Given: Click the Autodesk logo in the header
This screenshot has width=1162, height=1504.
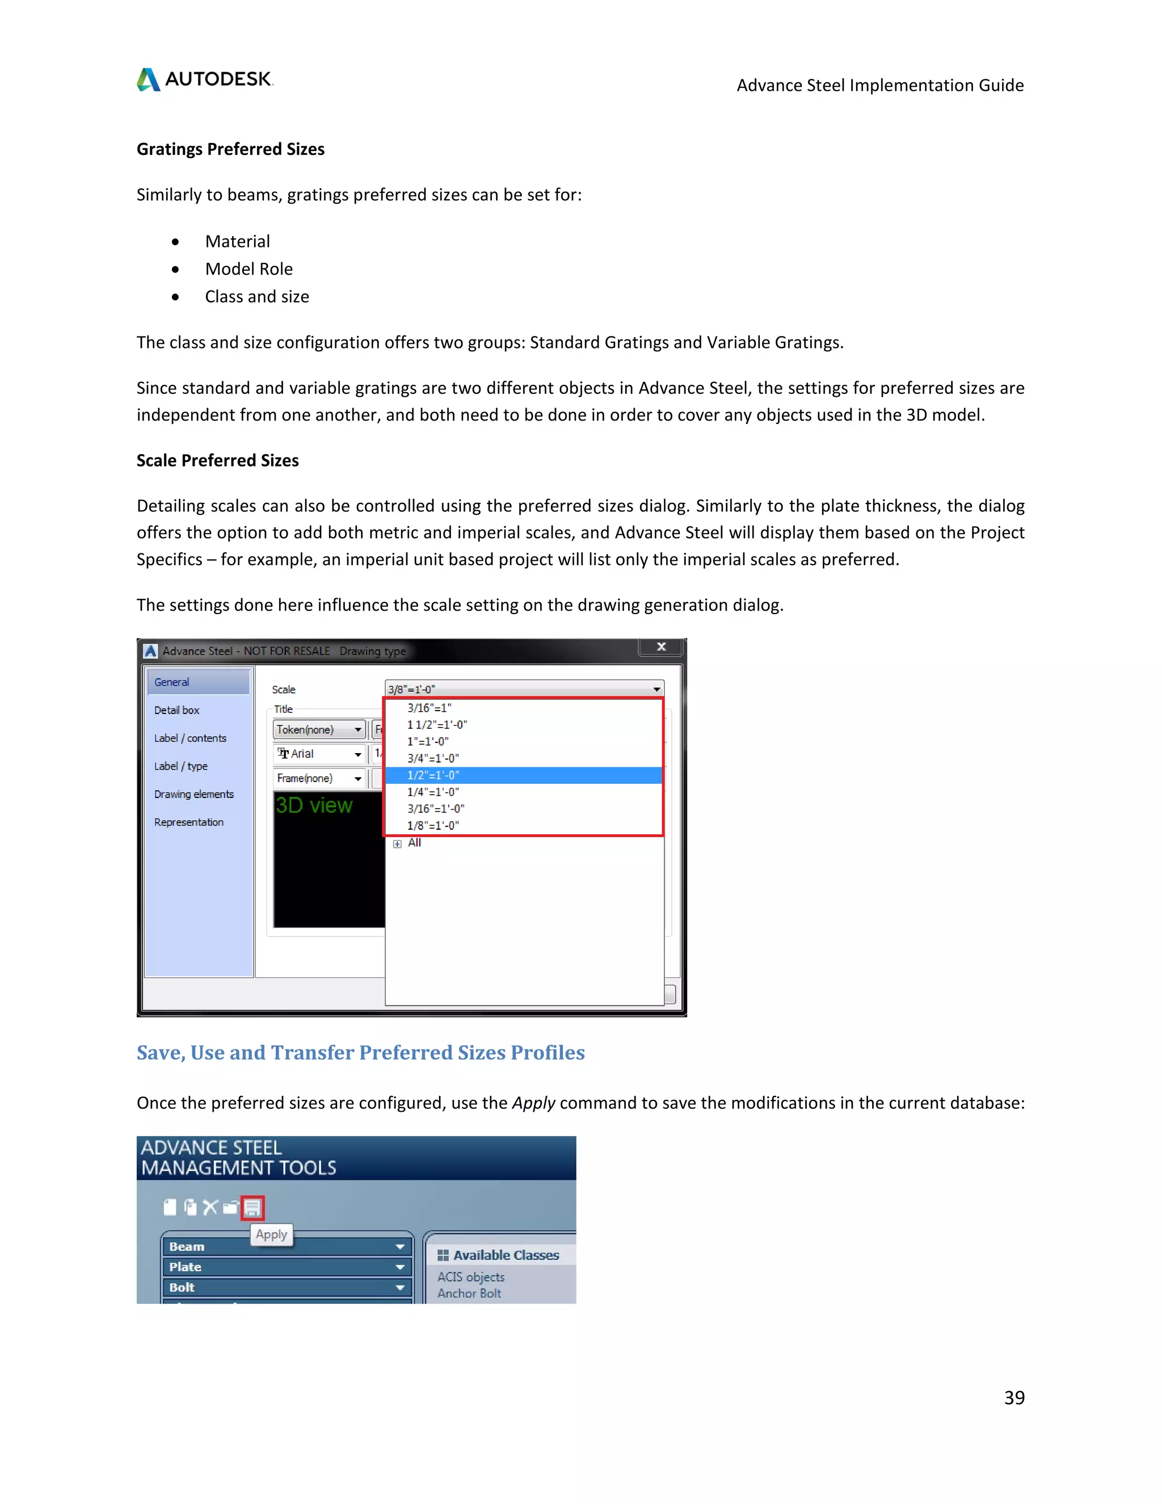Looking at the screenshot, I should pyautogui.click(x=205, y=79).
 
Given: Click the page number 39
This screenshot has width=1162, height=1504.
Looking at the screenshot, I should pyautogui.click(x=1013, y=1397).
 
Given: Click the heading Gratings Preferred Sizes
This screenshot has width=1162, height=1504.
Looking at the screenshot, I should pyautogui.click(x=230, y=149).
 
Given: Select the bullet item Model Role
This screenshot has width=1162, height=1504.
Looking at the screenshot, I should pyautogui.click(x=249, y=269).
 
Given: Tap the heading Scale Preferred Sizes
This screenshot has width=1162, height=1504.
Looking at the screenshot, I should pyautogui.click(x=217, y=461).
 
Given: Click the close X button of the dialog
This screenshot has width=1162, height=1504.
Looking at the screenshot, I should pyautogui.click(x=661, y=646).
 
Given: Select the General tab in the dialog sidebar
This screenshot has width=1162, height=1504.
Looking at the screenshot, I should pyautogui.click(x=171, y=682).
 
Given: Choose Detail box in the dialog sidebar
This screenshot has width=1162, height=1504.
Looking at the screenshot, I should pyautogui.click(x=176, y=710).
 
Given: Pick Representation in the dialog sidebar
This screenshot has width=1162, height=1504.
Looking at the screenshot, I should pyautogui.click(x=188, y=822).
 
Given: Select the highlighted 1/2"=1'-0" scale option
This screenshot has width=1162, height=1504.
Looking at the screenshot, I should pyautogui.click(x=433, y=775).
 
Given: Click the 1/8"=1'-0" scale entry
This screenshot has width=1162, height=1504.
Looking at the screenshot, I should pyautogui.click(x=433, y=826).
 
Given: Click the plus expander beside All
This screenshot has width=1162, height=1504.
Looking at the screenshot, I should pyautogui.click(x=397, y=843).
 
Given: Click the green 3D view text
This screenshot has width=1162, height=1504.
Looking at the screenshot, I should pyautogui.click(x=314, y=806).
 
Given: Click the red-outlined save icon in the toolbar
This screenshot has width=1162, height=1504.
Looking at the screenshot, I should pyautogui.click(x=252, y=1207).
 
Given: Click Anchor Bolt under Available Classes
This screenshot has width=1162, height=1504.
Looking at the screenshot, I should pyautogui.click(x=469, y=1293).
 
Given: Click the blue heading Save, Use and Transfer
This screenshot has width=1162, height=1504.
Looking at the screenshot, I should pyautogui.click(x=360, y=1053).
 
